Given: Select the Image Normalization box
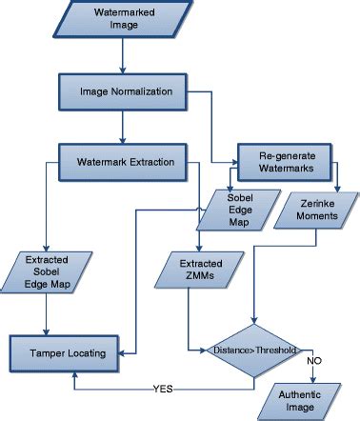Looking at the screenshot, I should point(125,92).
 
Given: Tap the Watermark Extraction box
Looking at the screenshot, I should point(125,161).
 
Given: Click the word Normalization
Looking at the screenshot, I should point(143,92).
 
